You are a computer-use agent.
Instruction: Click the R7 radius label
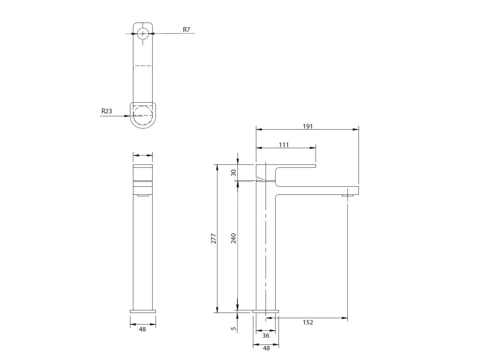coord(186,30)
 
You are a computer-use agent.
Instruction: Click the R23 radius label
coord(107,111)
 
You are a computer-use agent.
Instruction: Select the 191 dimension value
coord(308,126)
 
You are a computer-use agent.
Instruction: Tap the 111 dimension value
coord(284,145)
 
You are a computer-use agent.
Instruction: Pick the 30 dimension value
coord(233,173)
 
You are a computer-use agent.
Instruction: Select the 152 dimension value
coord(308,322)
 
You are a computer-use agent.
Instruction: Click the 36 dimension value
coord(266,336)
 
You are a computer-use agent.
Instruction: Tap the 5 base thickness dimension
coord(233,328)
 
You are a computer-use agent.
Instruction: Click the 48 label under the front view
coord(142,329)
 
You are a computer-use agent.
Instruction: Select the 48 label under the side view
coord(266,348)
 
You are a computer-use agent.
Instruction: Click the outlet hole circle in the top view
coord(143,34)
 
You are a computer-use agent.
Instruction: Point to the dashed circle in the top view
coord(143,116)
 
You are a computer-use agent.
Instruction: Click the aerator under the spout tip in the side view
coord(348,194)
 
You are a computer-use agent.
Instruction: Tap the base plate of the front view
coord(143,311)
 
